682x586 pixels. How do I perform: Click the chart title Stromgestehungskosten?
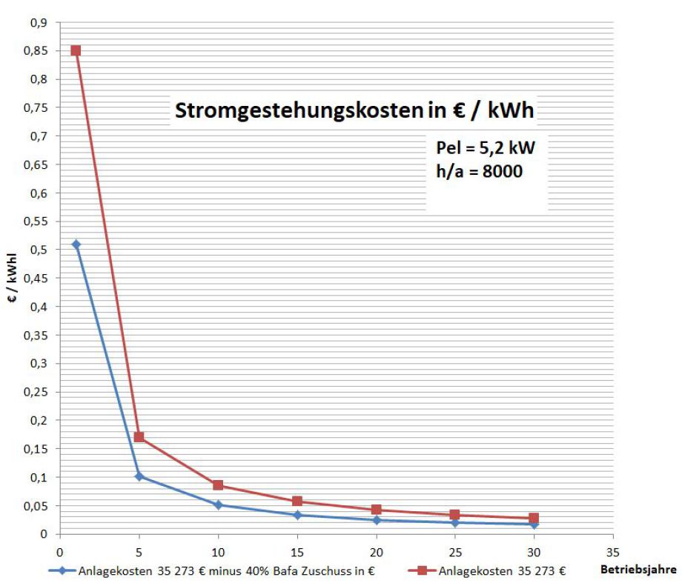click(x=354, y=110)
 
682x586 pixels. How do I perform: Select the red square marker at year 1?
click(x=76, y=50)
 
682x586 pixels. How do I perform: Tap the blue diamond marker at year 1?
click(x=76, y=244)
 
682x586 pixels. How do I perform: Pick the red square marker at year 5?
click(x=139, y=437)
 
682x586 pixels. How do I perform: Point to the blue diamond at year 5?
click(x=139, y=476)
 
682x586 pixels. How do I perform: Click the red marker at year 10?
click(x=218, y=485)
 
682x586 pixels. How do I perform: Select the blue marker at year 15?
click(x=297, y=515)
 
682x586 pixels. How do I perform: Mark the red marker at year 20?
click(x=377, y=510)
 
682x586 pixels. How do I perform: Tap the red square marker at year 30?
click(x=534, y=518)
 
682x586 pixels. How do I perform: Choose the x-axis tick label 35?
click(x=613, y=551)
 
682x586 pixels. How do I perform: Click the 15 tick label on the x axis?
click(x=297, y=551)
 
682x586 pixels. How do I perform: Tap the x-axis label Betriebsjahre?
click(x=638, y=570)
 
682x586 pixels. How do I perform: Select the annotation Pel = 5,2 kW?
click(x=485, y=147)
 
